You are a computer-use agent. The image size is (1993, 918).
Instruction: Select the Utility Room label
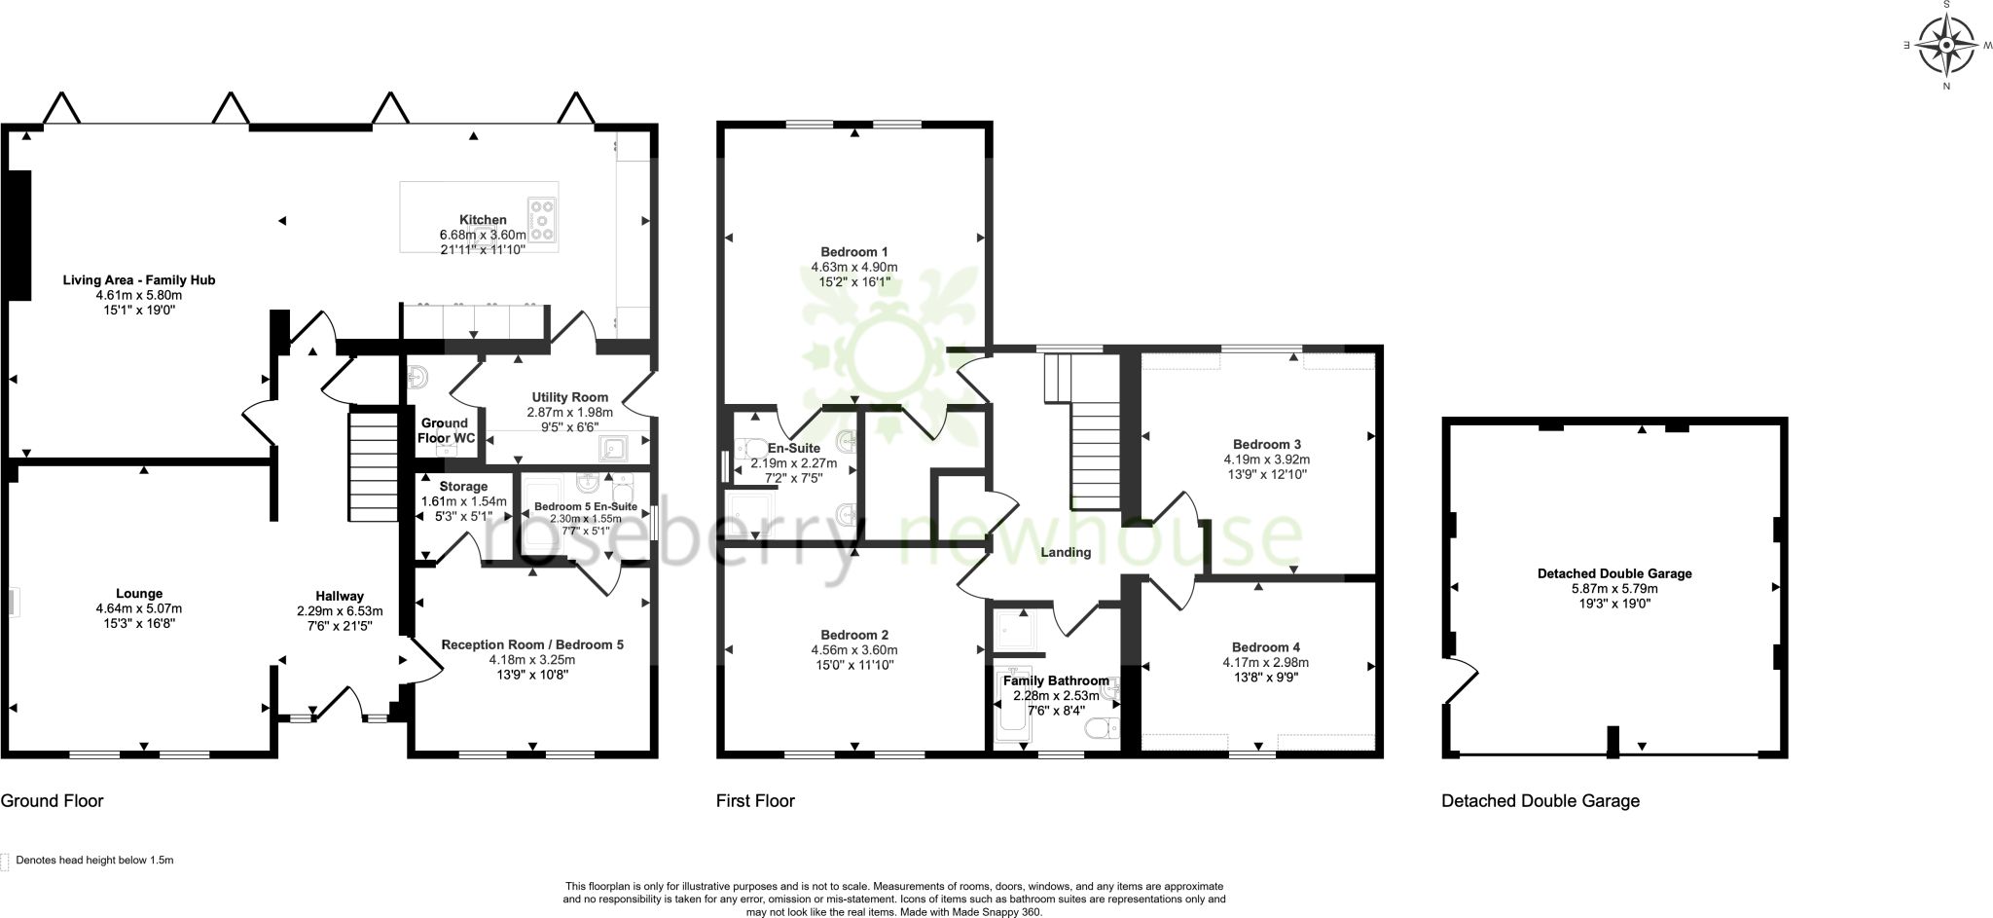[x=569, y=397]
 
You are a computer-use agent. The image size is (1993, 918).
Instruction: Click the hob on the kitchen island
[x=543, y=219]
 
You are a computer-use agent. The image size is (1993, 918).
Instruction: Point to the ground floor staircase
[x=374, y=467]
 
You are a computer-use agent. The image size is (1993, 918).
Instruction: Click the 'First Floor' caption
[x=755, y=801]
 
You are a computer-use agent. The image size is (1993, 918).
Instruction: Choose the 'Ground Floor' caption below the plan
[x=52, y=801]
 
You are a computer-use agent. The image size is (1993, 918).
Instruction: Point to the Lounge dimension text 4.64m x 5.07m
[x=139, y=608]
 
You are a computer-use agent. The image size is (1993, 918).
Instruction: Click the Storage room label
[x=463, y=487]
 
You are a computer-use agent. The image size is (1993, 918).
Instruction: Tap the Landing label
[x=1066, y=553]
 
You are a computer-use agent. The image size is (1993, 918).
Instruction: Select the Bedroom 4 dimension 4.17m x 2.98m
[x=1266, y=663]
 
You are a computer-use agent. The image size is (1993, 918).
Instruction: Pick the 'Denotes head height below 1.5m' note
[x=94, y=861]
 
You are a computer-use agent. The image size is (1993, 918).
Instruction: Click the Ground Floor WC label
[x=446, y=430]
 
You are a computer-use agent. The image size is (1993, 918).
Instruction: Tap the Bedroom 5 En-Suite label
[x=585, y=507]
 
